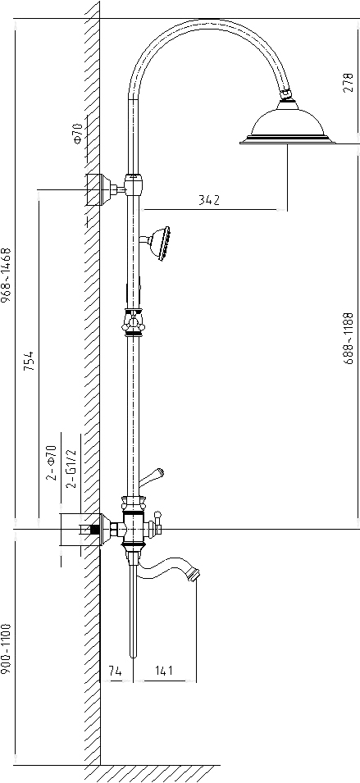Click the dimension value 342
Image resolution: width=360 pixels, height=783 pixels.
click(209, 200)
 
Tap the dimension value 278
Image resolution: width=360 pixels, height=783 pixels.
click(348, 83)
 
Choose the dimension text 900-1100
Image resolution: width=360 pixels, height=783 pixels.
click(7, 649)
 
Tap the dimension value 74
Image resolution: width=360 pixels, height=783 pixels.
click(115, 671)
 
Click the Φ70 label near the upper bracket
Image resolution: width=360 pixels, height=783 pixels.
click(77, 134)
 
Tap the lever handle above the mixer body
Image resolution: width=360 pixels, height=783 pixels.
click(151, 477)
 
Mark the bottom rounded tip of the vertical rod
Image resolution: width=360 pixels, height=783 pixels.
click(134, 656)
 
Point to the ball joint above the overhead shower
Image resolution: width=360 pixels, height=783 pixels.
click(287, 93)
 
